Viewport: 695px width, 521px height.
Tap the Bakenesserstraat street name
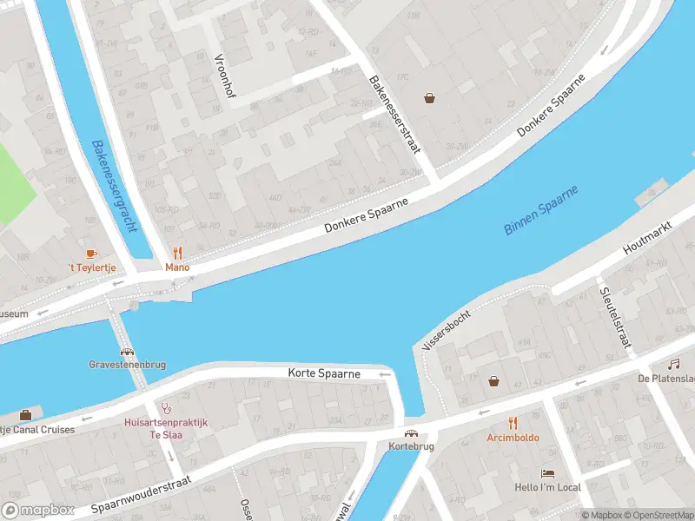(x=395, y=115)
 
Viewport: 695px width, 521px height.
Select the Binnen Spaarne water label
(x=540, y=211)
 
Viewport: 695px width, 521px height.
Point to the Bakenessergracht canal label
(x=114, y=188)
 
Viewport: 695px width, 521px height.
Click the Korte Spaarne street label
(x=324, y=373)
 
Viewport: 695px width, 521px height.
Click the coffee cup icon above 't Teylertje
(x=92, y=253)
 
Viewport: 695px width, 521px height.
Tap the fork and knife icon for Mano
(x=178, y=253)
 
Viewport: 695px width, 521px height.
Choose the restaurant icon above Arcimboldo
(x=513, y=423)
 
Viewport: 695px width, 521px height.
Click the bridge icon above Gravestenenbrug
(x=128, y=353)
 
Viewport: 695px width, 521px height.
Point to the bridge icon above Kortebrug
(x=411, y=432)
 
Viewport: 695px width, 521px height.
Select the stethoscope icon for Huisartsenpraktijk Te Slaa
(x=166, y=406)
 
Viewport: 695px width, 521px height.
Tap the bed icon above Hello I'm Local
(x=547, y=473)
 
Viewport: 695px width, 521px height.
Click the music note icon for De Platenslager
(x=673, y=364)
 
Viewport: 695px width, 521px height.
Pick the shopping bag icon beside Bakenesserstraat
(x=429, y=98)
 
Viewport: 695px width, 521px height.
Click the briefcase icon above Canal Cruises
(x=25, y=414)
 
